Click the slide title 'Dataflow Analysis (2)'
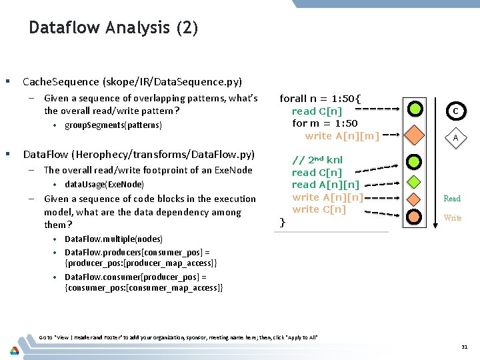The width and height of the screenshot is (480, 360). coord(113,28)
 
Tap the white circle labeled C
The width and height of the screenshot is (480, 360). coord(455,110)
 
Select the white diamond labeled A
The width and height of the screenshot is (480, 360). coord(455,138)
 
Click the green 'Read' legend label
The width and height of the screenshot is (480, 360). coord(452,198)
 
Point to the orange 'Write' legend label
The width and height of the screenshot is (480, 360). coord(452,218)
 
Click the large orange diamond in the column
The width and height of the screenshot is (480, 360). coord(415,135)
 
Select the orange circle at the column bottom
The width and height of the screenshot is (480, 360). coord(415,217)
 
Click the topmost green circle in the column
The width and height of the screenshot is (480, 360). coord(415,108)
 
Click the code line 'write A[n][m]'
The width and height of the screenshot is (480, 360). coord(342,136)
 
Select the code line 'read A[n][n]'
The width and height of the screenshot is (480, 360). coord(325,185)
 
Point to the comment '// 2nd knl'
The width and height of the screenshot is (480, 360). coord(317,160)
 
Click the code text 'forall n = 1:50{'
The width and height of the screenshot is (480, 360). coord(320,98)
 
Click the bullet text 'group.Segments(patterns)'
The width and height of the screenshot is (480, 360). coord(113,125)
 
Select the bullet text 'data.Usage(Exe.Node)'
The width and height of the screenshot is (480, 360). coord(104,184)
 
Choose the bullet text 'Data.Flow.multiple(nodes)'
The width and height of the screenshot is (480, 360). coord(113,239)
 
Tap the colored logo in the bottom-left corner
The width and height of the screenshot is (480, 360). coord(14,350)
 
